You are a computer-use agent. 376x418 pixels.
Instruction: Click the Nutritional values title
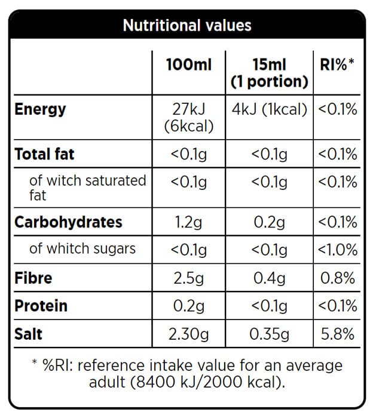click(187, 25)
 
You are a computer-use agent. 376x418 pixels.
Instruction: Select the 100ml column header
click(188, 64)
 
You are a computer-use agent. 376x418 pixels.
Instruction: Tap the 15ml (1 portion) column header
click(269, 73)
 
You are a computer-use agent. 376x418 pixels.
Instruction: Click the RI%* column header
click(338, 64)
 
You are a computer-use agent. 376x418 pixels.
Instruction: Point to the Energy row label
click(41, 109)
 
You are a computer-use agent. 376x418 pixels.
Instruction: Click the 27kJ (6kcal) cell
click(188, 118)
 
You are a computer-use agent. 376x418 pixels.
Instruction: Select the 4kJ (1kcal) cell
click(269, 109)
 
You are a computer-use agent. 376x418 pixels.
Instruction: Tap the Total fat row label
click(45, 154)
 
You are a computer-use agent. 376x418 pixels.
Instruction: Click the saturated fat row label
click(87, 187)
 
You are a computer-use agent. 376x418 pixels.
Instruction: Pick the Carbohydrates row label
click(68, 222)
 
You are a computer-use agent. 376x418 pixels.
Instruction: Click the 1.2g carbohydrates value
click(188, 222)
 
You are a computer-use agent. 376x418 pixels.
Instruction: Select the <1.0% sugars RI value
click(338, 249)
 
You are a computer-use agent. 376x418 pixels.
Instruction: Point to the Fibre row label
click(33, 278)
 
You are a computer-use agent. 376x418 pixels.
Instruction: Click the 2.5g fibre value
click(188, 278)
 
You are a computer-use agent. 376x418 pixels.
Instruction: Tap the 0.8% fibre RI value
click(338, 278)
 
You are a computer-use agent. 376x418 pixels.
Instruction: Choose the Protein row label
click(41, 306)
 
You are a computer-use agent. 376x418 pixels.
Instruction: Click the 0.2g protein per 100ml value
click(188, 306)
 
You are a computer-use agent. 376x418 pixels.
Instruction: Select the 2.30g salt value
click(188, 334)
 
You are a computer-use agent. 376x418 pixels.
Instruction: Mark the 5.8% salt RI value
click(338, 334)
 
